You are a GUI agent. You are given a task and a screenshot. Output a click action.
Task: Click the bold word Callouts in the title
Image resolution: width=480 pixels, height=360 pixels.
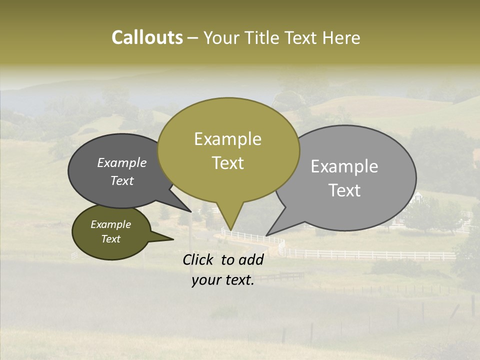(x=147, y=37)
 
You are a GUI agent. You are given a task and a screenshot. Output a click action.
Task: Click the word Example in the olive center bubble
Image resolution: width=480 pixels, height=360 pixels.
(x=227, y=139)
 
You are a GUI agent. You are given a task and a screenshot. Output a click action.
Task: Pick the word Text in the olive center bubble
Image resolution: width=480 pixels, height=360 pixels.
(x=227, y=163)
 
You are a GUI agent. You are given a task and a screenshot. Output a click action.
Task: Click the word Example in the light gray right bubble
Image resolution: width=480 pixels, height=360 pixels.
(x=344, y=166)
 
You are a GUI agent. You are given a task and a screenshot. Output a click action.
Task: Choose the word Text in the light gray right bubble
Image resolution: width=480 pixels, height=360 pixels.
(x=344, y=190)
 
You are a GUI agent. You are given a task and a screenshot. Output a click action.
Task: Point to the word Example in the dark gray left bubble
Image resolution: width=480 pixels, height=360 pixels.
(x=122, y=163)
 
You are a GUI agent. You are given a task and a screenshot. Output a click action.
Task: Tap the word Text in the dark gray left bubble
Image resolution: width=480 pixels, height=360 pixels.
(x=122, y=181)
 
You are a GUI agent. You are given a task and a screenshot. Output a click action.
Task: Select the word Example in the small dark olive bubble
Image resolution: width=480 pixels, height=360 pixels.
(x=110, y=224)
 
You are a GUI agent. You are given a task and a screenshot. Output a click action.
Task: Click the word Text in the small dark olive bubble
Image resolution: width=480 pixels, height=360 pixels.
(x=110, y=239)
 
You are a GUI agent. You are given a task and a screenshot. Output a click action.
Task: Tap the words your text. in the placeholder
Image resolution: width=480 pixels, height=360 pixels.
(x=223, y=280)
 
